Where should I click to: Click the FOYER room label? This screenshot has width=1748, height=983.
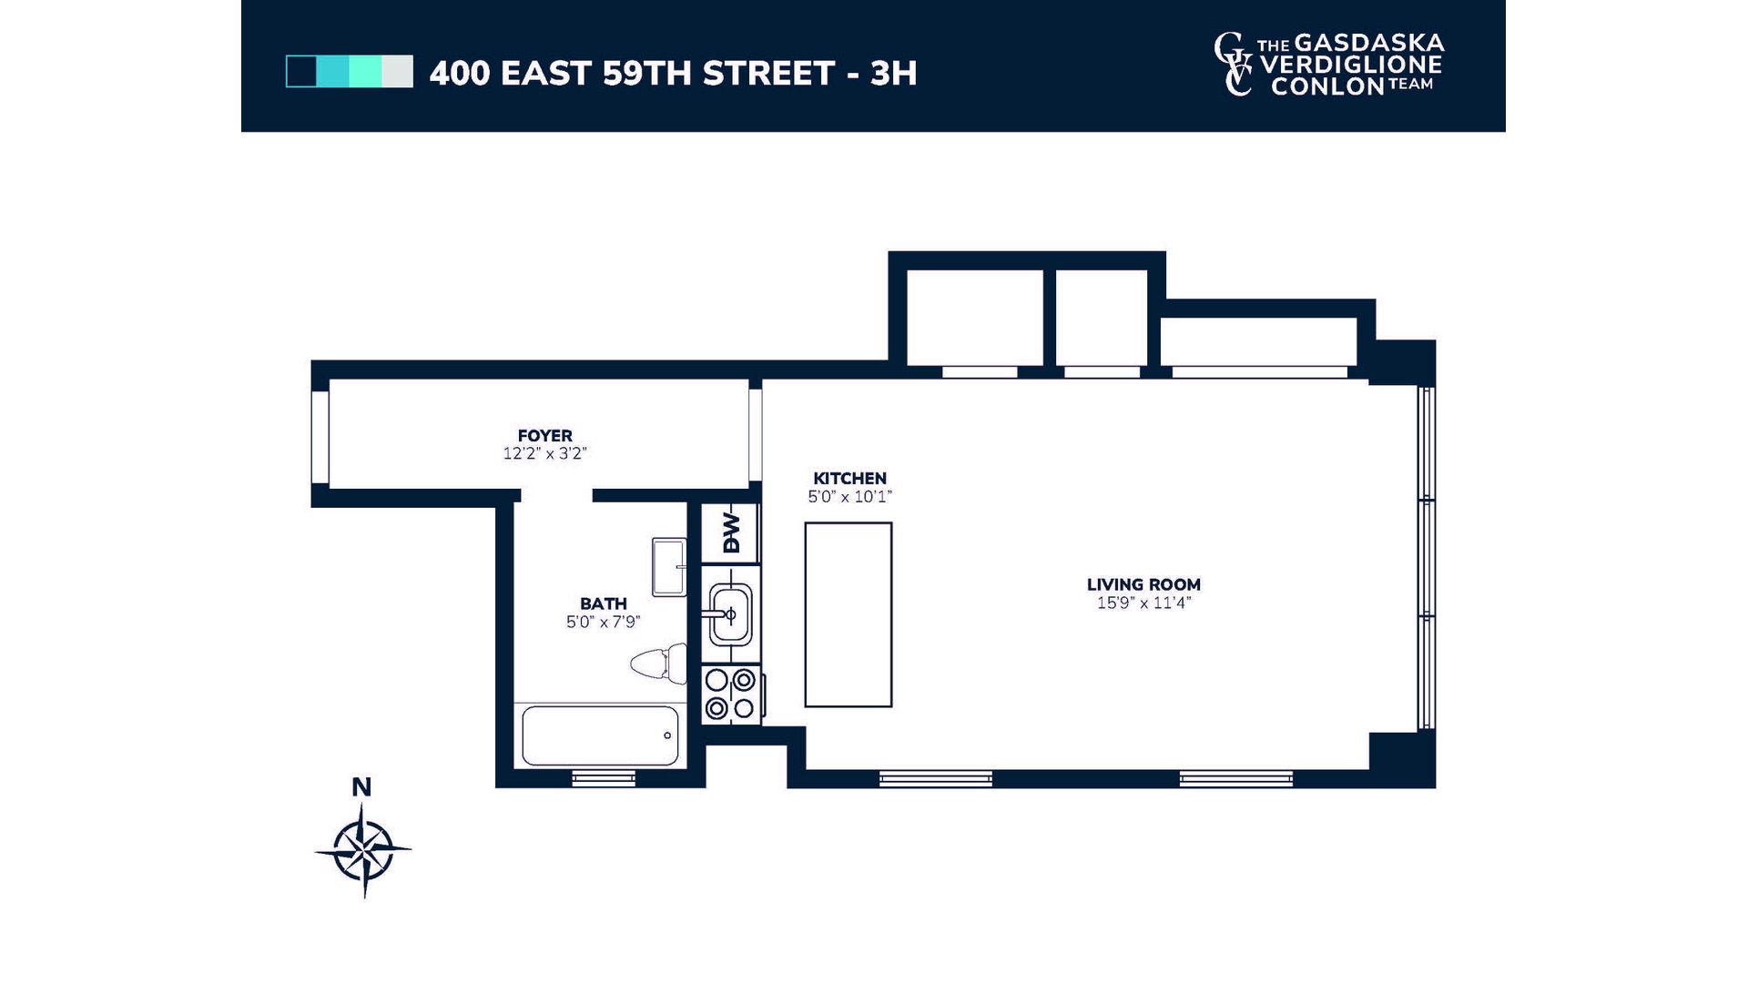coord(544,436)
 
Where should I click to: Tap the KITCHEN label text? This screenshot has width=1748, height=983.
coord(849,478)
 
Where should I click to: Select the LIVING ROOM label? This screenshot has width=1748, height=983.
coord(1143,584)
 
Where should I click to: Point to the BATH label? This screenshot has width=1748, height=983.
coord(603,603)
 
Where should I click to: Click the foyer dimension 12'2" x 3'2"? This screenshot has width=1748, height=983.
coord(544,453)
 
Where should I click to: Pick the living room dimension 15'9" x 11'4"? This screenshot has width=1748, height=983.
coord(1143,603)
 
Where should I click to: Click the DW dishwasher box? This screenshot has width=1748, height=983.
coord(730,532)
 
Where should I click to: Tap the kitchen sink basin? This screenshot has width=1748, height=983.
coord(731,614)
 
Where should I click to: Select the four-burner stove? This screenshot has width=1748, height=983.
coord(731,694)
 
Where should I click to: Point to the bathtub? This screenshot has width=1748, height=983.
coord(600,735)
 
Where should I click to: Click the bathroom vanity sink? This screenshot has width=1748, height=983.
coord(669,567)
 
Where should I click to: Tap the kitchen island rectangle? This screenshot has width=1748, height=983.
coord(848,614)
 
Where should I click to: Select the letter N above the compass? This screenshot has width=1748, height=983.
coord(361,787)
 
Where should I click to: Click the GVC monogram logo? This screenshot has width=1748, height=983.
coord(1234,64)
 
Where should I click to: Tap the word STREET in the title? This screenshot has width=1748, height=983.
coord(768,74)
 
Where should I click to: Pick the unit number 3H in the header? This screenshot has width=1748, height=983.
coord(893,74)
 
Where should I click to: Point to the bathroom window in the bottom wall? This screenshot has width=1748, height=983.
coord(603,778)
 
